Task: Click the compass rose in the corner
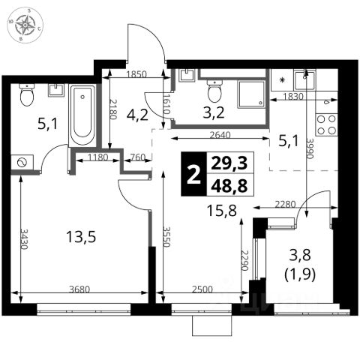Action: [25, 25]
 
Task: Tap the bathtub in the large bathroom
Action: [82, 115]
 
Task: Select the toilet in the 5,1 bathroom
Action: [27, 95]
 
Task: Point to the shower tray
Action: [251, 94]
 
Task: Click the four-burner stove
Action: [326, 124]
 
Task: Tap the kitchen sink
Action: [304, 79]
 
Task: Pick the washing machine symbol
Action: [22, 163]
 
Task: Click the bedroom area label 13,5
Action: [81, 237]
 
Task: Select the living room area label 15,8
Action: [222, 210]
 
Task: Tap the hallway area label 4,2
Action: [137, 115]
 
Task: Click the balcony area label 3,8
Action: [300, 256]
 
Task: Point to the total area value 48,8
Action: [229, 185]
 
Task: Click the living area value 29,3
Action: [229, 163]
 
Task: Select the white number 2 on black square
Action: [194, 175]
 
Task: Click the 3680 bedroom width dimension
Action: [79, 289]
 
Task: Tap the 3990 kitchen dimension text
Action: [310, 149]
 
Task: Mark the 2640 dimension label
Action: [220, 135]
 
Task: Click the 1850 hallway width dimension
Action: [136, 74]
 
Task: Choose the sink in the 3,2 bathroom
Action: [187, 75]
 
